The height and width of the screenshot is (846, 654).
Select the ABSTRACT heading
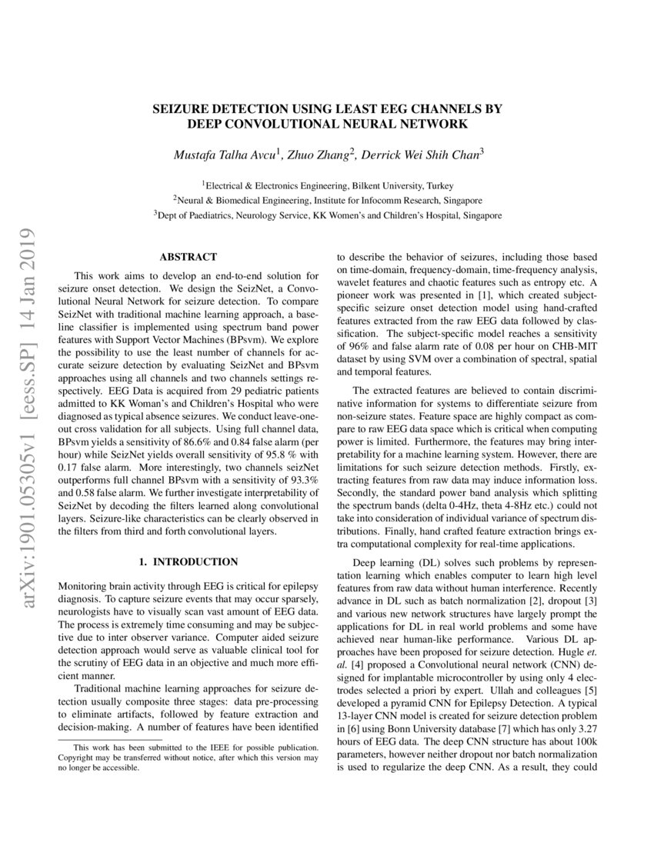click(x=188, y=257)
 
